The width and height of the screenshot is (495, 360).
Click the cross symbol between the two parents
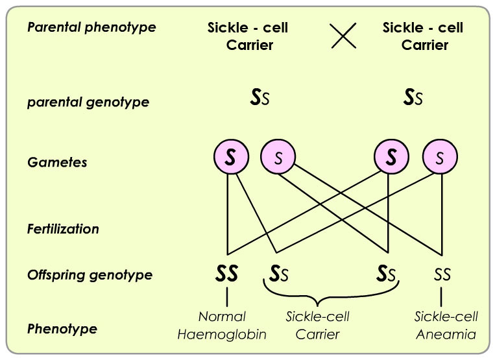pyautogui.click(x=343, y=36)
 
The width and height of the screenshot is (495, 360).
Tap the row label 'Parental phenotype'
pyautogui.click(x=91, y=27)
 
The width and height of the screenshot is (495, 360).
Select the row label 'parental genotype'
pyautogui.click(x=88, y=102)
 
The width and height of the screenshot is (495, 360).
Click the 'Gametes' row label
pyautogui.click(x=57, y=162)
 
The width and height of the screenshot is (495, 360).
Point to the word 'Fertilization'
pyautogui.click(x=63, y=229)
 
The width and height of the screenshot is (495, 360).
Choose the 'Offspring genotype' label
pyautogui.click(x=90, y=275)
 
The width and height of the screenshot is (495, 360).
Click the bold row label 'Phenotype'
pyautogui.click(x=62, y=329)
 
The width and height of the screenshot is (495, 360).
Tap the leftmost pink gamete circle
pyautogui.click(x=231, y=157)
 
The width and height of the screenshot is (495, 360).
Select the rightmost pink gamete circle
pyautogui.click(x=440, y=157)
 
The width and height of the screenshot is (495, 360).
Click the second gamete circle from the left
pyautogui.click(x=278, y=157)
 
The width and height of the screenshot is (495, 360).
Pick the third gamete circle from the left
pyautogui.click(x=391, y=157)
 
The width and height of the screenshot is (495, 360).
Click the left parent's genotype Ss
pyautogui.click(x=260, y=97)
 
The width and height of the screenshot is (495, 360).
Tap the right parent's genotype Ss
pyautogui.click(x=413, y=97)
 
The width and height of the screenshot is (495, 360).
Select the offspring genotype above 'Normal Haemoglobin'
pyautogui.click(x=226, y=274)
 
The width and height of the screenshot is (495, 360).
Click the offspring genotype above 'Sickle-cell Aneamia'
pyautogui.click(x=442, y=274)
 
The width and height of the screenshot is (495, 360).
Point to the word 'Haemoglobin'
pyautogui.click(x=222, y=335)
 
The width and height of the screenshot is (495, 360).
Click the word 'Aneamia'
pyautogui.click(x=446, y=335)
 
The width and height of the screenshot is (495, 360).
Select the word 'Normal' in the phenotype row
pyautogui.click(x=222, y=317)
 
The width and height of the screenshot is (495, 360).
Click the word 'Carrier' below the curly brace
pyautogui.click(x=318, y=335)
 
